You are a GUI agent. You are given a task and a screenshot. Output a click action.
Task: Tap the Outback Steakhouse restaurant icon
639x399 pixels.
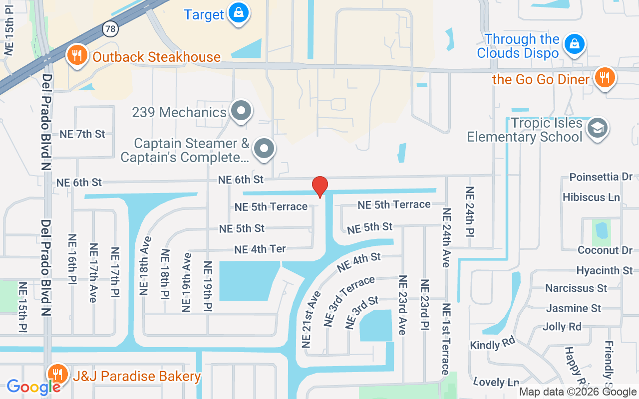click(76, 55)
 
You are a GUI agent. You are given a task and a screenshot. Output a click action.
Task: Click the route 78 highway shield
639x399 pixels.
click(110, 29)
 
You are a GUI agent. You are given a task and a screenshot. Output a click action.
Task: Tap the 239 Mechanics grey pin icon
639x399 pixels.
click(242, 111)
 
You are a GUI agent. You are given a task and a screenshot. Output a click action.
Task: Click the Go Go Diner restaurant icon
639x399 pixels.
click(605, 78)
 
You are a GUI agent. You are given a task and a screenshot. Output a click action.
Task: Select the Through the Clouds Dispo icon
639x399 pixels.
click(575, 44)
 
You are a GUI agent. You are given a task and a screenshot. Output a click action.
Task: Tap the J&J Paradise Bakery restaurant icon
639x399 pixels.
click(58, 374)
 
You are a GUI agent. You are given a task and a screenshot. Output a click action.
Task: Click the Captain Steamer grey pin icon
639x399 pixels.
click(264, 149)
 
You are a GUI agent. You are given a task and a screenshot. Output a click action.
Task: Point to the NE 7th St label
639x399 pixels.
click(82, 134)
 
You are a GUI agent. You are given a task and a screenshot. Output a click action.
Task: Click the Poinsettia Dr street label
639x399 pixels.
click(601, 177)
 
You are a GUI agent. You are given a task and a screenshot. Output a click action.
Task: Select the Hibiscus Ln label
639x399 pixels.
click(591, 197)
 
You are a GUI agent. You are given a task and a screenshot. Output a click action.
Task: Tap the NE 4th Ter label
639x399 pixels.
click(260, 249)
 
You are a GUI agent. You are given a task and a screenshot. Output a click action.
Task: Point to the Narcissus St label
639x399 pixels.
click(576, 288)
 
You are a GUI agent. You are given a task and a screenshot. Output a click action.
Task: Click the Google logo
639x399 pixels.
click(33, 387)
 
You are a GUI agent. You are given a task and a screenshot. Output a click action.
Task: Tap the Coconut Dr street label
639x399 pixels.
click(605, 250)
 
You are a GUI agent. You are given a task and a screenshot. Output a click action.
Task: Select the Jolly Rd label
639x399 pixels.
click(562, 327)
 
